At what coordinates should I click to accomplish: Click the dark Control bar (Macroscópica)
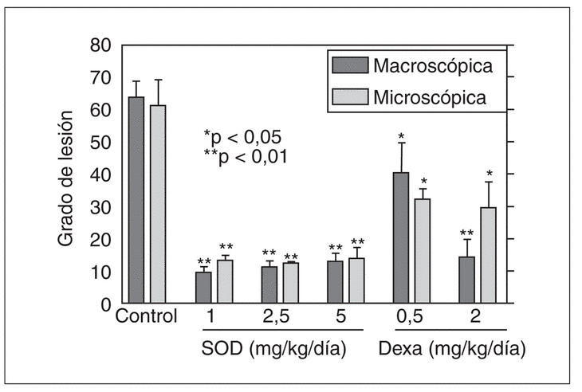tap(136, 200)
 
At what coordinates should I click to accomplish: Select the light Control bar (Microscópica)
tap(158, 204)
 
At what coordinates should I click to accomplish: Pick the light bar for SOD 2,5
tap(289, 283)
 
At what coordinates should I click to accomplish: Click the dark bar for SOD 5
tap(335, 282)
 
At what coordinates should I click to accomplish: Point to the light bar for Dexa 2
tap(488, 255)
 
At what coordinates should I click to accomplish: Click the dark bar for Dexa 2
tap(466, 280)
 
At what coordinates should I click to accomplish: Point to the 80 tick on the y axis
tap(100, 45)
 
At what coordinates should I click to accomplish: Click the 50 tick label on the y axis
tap(100, 142)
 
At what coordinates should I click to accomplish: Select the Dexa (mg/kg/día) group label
tap(451, 349)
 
